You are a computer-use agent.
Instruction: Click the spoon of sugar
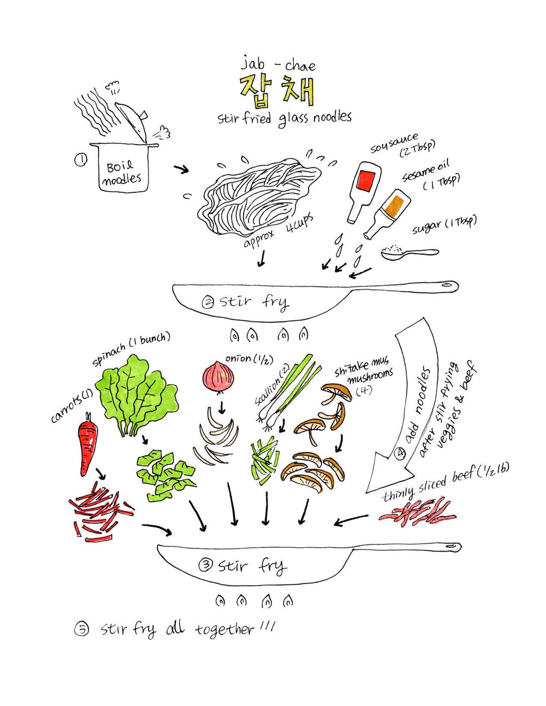409,253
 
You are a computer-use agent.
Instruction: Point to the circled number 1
81,160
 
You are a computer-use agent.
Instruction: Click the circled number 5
81,630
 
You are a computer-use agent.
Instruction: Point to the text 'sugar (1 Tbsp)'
444,225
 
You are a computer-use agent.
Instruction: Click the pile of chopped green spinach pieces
166,475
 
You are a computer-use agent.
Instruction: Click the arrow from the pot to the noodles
181,169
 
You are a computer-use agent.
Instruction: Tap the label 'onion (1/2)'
250,359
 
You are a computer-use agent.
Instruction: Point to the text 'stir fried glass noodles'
284,118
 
